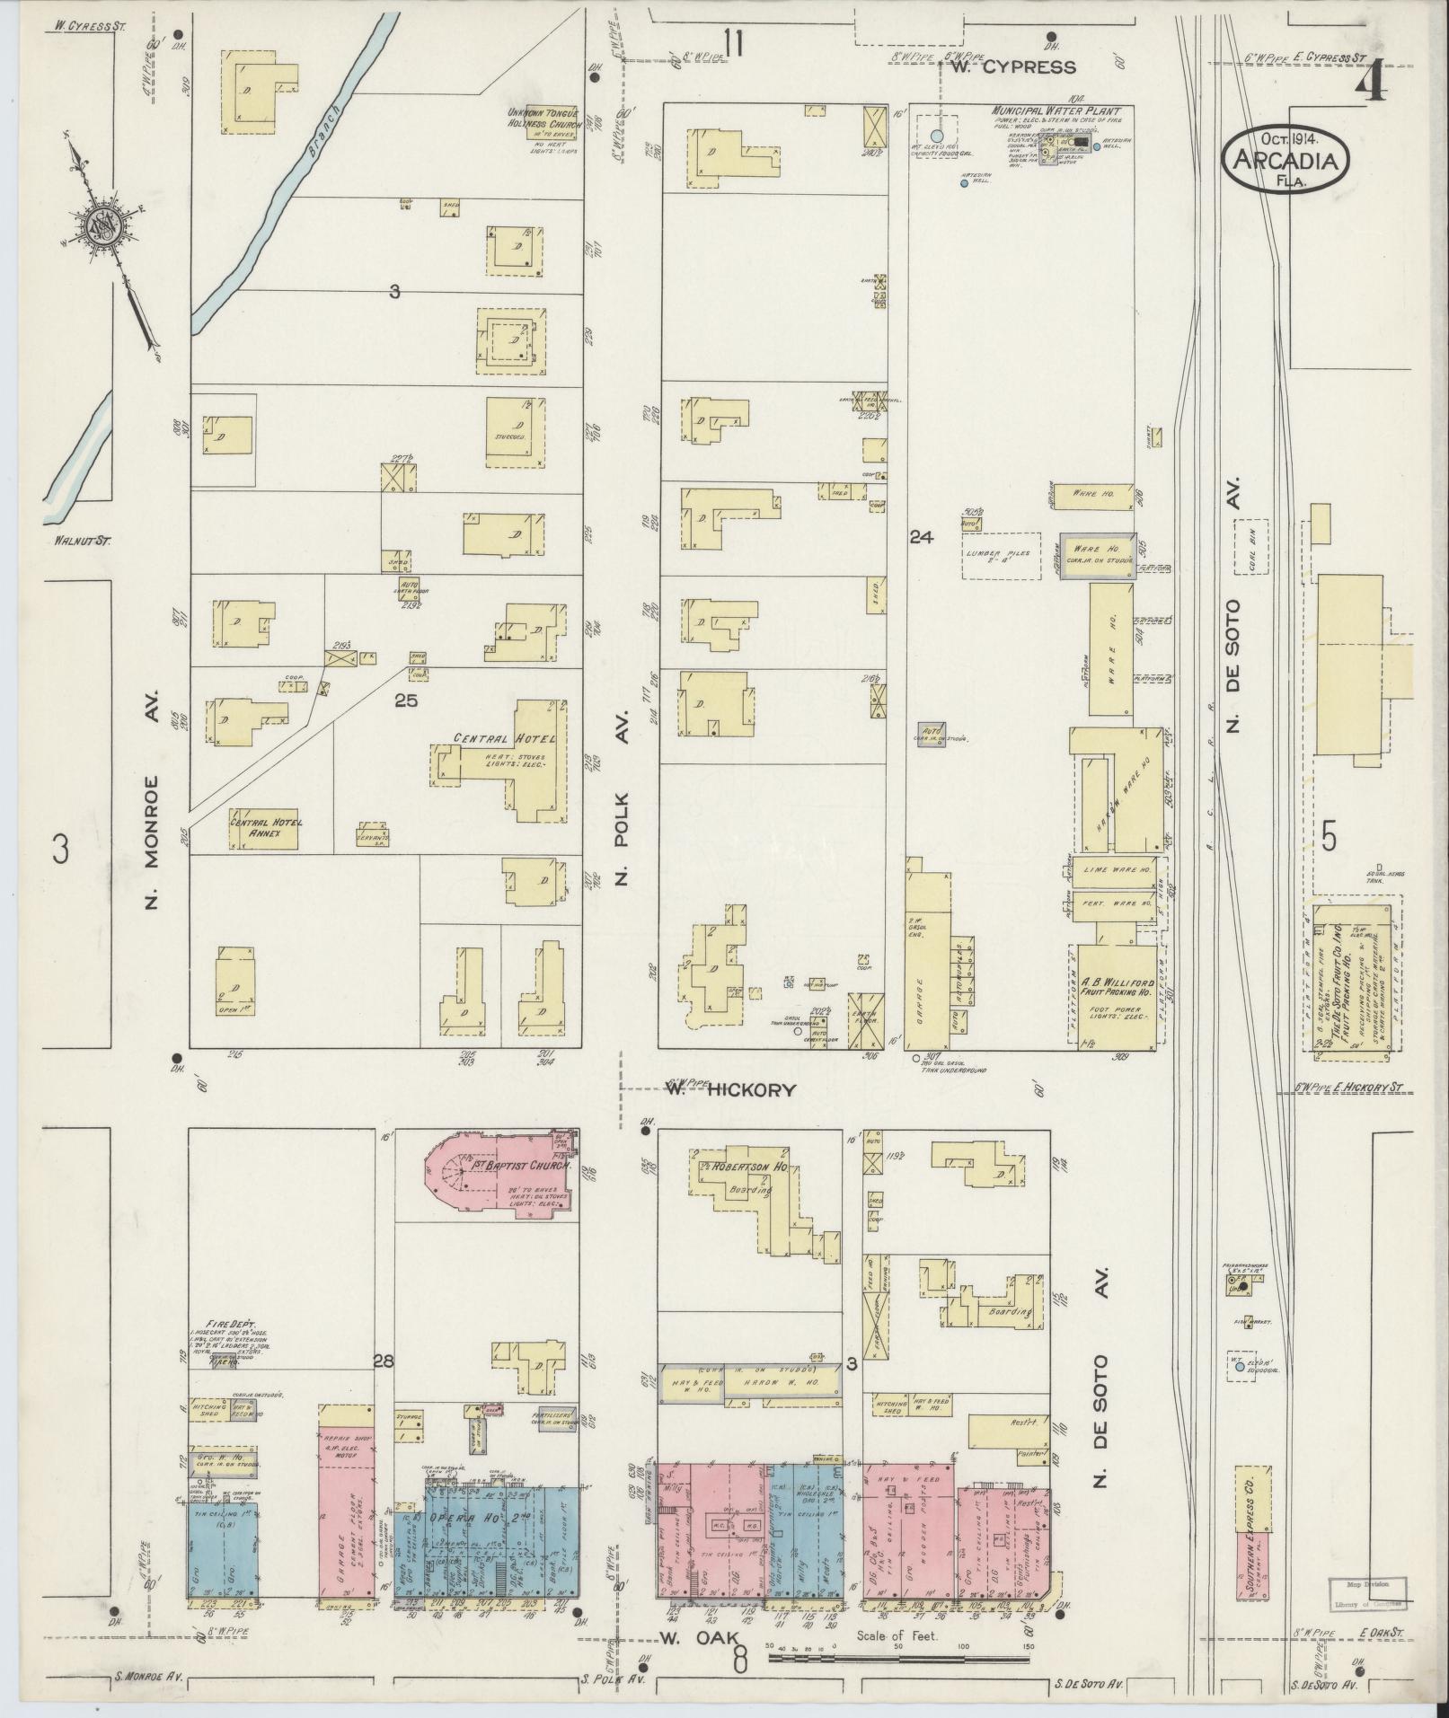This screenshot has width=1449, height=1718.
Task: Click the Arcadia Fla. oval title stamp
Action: click(x=1286, y=158)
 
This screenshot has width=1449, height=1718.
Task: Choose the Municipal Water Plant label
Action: click(x=1061, y=110)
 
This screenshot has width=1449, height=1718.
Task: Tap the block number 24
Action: click(x=921, y=538)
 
